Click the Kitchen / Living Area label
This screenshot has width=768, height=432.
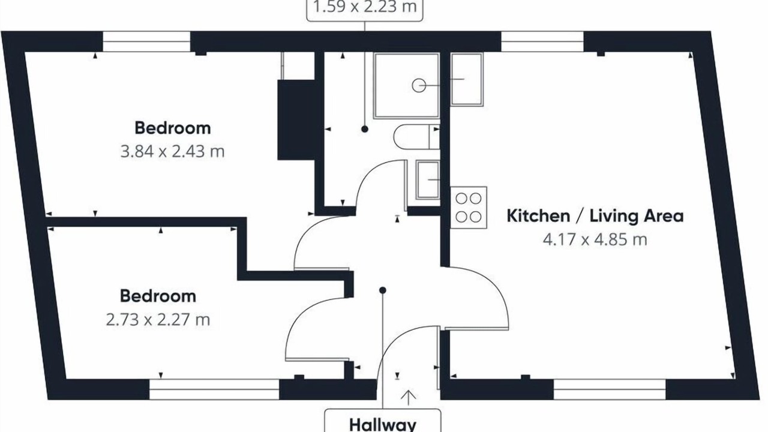(x=595, y=217)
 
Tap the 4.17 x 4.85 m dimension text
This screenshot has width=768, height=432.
(x=595, y=239)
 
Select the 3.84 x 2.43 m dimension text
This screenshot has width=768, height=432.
(x=172, y=152)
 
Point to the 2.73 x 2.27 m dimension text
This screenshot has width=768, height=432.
(x=158, y=320)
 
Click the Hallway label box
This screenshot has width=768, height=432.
(x=383, y=421)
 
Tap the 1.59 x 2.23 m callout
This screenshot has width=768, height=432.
(x=365, y=10)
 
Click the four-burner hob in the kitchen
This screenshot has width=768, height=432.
(x=469, y=208)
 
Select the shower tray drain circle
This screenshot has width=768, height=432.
(x=419, y=85)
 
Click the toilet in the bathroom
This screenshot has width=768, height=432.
(x=416, y=137)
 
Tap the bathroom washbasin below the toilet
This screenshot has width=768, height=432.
(x=428, y=180)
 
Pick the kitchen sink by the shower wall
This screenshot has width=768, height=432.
(x=467, y=79)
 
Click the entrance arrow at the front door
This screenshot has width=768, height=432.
(x=409, y=398)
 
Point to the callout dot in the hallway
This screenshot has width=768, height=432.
(x=383, y=290)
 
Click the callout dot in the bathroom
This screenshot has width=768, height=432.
(x=365, y=129)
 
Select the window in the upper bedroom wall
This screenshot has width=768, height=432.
(x=147, y=41)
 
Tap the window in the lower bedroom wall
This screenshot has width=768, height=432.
(x=214, y=389)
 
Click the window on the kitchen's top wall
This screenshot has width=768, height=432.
(x=542, y=41)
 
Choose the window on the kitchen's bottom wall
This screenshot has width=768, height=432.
(x=610, y=389)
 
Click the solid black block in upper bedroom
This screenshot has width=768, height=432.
(x=296, y=119)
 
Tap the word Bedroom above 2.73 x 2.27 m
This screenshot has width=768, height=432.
(x=158, y=296)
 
